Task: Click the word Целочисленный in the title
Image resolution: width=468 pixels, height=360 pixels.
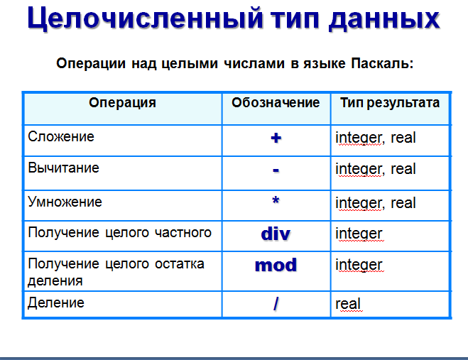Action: (146, 18)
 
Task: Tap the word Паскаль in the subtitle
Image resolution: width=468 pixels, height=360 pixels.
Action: (382, 64)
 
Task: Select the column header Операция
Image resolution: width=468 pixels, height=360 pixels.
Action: (122, 103)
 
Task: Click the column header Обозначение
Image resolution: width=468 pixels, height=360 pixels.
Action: (276, 103)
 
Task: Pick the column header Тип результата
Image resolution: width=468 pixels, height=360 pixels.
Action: (390, 103)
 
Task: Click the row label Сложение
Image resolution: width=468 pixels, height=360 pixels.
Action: (61, 137)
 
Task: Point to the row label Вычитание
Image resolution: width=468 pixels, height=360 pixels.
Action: (63, 168)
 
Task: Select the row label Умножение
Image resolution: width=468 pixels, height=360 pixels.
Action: (65, 202)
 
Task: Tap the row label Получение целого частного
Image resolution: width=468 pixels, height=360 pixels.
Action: (120, 232)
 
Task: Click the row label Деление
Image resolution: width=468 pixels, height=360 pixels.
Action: (56, 303)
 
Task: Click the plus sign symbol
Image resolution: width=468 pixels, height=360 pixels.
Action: (276, 138)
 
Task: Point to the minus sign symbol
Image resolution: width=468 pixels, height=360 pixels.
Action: (276, 170)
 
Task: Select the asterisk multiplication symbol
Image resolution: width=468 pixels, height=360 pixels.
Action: (276, 200)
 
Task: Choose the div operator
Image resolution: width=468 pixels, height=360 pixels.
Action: (276, 234)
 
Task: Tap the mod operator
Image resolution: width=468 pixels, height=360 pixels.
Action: (276, 265)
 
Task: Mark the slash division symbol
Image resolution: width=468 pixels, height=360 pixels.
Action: (276, 304)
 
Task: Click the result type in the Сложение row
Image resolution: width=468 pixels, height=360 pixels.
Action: (376, 138)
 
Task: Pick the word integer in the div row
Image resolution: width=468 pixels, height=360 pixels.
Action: (359, 234)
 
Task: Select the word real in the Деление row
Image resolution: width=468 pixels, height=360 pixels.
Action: (348, 304)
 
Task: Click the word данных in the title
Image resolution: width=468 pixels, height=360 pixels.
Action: (384, 18)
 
